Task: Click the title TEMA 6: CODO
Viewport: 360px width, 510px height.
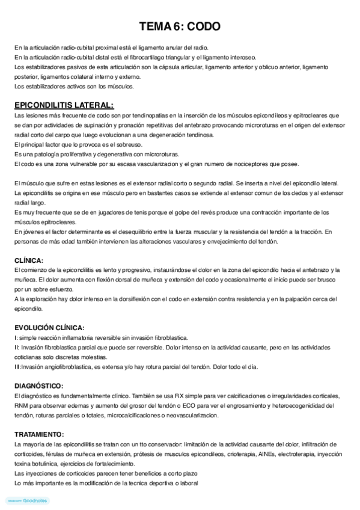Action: point(180,26)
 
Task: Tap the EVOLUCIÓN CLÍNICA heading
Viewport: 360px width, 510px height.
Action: point(49,328)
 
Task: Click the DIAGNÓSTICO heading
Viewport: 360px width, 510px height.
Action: point(39,386)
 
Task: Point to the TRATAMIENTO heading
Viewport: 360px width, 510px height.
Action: point(39,434)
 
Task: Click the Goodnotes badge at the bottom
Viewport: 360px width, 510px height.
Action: point(27,500)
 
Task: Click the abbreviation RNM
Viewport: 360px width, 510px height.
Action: point(22,405)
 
